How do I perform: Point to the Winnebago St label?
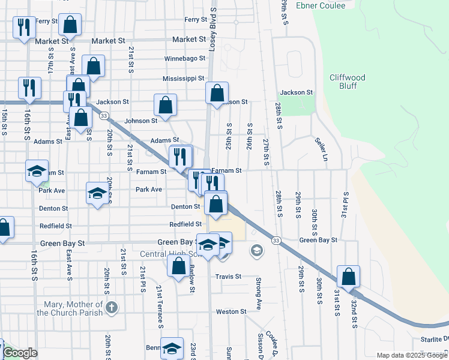click(x=185, y=59)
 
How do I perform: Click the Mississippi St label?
click(x=184, y=79)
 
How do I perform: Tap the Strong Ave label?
click(x=259, y=287)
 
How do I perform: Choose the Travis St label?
click(x=228, y=277)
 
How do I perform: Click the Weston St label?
click(x=231, y=311)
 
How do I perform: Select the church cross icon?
click(x=110, y=308)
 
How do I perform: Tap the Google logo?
click(x=20, y=353)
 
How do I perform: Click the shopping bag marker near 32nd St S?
click(x=348, y=277)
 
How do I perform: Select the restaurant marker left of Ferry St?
click(x=24, y=27)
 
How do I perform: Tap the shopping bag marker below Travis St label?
click(x=178, y=266)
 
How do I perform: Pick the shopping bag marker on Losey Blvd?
click(x=217, y=93)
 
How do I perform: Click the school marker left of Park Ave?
click(x=97, y=193)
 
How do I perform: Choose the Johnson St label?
click(x=141, y=121)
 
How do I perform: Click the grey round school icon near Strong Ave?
click(x=256, y=250)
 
